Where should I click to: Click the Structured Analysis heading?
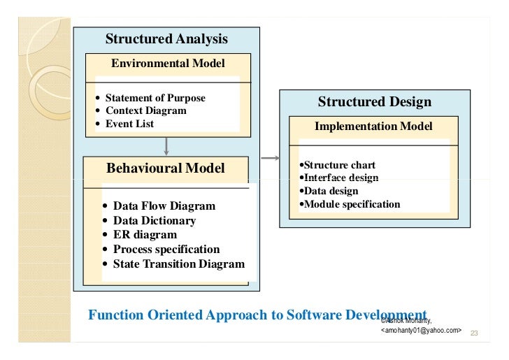(x=166, y=39)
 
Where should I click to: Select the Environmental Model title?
(x=168, y=64)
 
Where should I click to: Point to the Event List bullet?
(x=129, y=124)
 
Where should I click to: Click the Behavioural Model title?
(x=166, y=168)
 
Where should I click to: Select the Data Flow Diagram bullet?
(x=164, y=206)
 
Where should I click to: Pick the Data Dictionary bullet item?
(x=155, y=221)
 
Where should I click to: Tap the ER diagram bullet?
(x=145, y=235)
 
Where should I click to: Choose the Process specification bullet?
(x=166, y=250)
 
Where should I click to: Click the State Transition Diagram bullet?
(x=179, y=264)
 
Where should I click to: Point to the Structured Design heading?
(x=375, y=102)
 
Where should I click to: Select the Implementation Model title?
(x=373, y=127)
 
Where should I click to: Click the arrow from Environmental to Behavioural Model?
(x=166, y=145)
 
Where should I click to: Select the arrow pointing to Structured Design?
(x=270, y=159)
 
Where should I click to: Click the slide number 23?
(x=473, y=333)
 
